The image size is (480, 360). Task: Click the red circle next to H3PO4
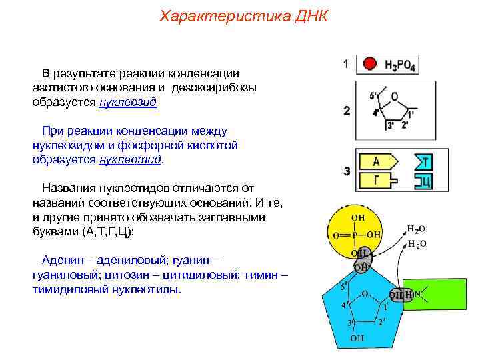[x=369, y=65]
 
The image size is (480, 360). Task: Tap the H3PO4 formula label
[x=401, y=65]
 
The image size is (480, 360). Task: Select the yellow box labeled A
[x=377, y=161]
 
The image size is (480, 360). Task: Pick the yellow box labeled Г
[x=376, y=180]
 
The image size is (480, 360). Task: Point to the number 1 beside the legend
[x=346, y=65]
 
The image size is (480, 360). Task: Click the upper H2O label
[x=417, y=229]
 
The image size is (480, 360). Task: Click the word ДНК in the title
[x=309, y=15]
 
